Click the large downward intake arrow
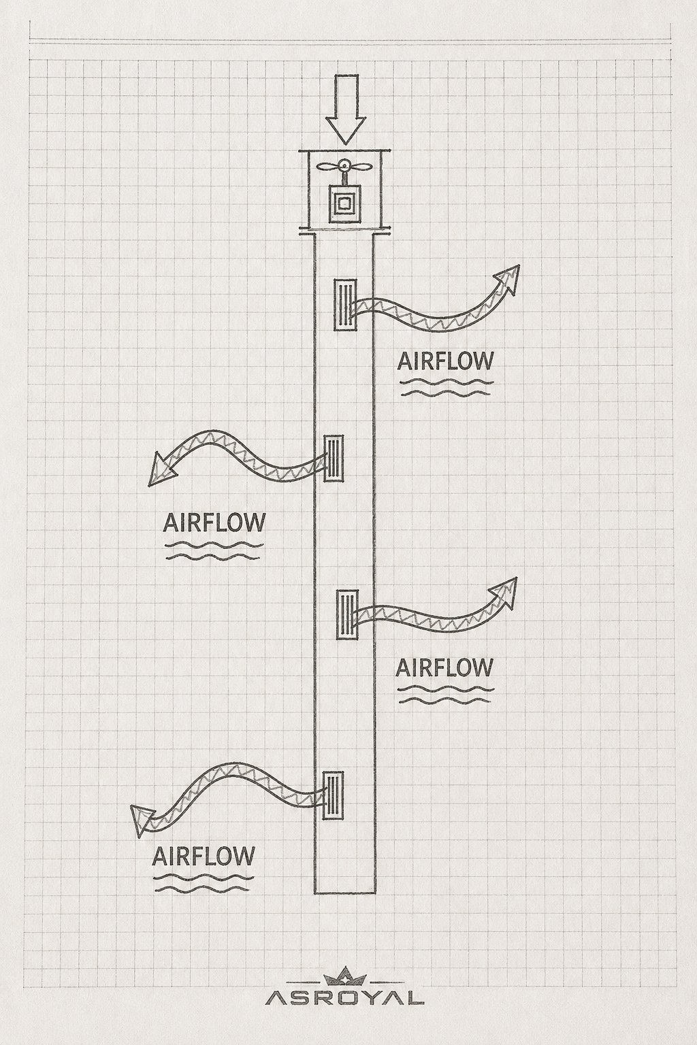[345, 110]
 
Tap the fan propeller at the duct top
[343, 166]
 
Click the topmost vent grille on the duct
[345, 305]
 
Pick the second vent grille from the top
[334, 458]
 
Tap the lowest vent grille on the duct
[333, 795]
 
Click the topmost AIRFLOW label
[445, 361]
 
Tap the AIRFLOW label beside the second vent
[214, 522]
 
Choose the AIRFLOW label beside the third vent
[444, 667]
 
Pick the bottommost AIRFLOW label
[204, 856]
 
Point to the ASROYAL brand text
[344, 999]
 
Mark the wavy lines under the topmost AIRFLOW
[446, 388]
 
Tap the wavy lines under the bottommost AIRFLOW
[204, 883]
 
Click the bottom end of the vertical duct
[345, 893]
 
